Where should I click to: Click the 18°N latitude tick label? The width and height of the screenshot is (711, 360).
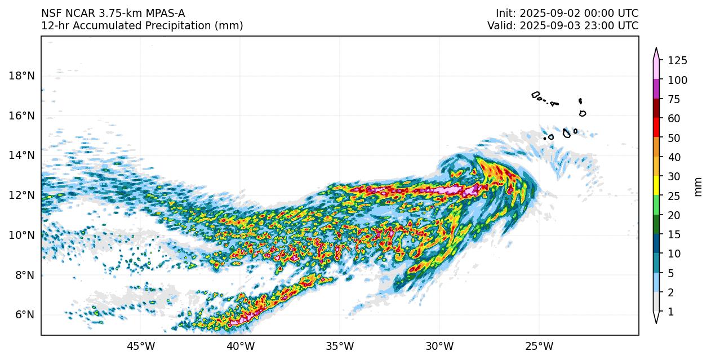click(x=21, y=76)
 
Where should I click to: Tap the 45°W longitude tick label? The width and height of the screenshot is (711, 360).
click(x=140, y=345)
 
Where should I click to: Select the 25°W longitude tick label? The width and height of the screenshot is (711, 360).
click(x=539, y=345)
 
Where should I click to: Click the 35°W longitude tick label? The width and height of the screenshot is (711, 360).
click(x=340, y=345)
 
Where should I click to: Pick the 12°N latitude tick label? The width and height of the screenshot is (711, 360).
click(x=21, y=195)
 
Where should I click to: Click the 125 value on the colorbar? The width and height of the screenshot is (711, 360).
click(x=677, y=61)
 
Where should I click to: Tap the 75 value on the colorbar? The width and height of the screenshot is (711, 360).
click(x=674, y=100)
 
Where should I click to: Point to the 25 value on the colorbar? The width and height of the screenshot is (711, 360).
click(x=674, y=196)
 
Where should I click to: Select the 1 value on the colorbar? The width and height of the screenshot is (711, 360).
click(x=670, y=312)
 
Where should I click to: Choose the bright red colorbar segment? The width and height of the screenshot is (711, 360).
click(x=656, y=128)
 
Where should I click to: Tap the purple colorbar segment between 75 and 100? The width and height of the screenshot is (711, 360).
click(x=656, y=90)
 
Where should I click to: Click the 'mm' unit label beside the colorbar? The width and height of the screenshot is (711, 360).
click(x=699, y=186)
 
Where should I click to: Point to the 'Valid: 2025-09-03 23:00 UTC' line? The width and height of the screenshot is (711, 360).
click(x=563, y=26)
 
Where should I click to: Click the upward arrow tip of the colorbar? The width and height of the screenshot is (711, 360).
click(x=656, y=49)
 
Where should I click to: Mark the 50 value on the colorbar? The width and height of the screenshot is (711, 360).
click(x=674, y=138)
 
